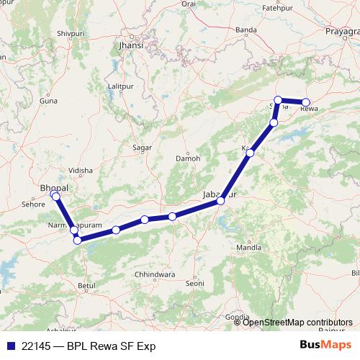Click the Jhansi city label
pos(131,45)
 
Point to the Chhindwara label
pos(155,274)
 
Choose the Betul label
pos(86,286)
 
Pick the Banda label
pos(247,30)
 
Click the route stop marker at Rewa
pos(306,102)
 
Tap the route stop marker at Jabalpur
pos(221,201)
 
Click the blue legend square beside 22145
pos(10,346)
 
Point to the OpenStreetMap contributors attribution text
pos(297,322)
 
